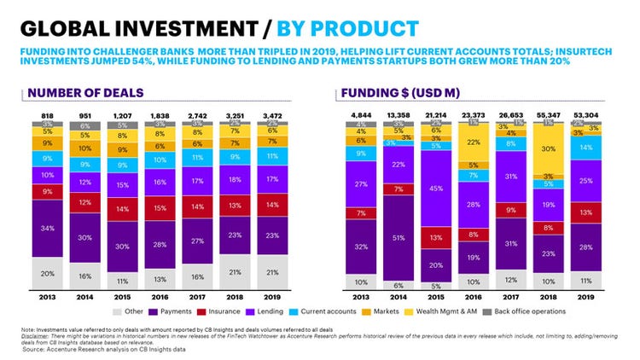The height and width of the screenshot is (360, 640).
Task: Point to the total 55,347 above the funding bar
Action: (546, 113)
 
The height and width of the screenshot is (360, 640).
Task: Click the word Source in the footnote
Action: (37, 350)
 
